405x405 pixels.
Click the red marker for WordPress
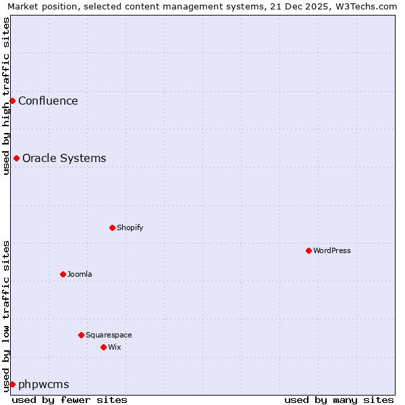(x=308, y=250)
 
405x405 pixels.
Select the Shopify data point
(x=112, y=227)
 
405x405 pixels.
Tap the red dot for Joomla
(x=63, y=274)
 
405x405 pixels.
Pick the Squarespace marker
(x=81, y=335)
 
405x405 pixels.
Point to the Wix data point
(x=103, y=347)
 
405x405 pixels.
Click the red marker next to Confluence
(x=12, y=101)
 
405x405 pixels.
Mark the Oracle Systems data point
(x=16, y=158)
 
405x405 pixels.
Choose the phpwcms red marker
(x=12, y=384)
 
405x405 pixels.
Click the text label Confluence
(x=48, y=101)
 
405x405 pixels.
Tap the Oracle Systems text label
(x=64, y=159)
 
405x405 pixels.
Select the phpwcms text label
(x=43, y=385)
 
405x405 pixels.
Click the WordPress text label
(x=332, y=250)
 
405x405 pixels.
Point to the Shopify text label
(x=130, y=227)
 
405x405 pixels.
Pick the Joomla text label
(x=80, y=274)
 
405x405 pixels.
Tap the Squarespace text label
(x=109, y=335)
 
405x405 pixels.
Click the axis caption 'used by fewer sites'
(x=70, y=400)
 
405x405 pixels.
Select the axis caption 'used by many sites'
(x=339, y=400)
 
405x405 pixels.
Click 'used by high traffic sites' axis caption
(x=6, y=96)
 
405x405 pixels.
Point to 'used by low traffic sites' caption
(x=6, y=316)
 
